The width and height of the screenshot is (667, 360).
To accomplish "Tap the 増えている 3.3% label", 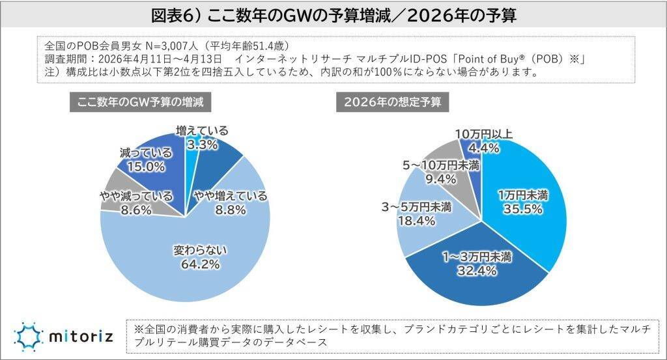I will click(x=202, y=138).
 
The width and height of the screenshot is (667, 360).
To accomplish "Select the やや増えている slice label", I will click(x=231, y=202).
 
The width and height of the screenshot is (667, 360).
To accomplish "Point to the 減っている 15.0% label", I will click(x=146, y=159).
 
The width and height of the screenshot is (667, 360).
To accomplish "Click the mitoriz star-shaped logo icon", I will click(x=28, y=337).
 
